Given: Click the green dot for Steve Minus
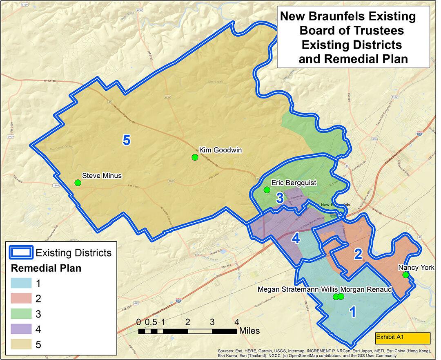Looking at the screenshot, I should coord(78,183).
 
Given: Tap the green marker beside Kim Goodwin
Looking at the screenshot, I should coord(195,157).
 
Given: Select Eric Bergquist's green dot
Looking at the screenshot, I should coord(267,190).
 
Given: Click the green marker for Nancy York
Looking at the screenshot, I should coord(405,275).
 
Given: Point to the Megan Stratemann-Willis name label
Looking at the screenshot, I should coord(297,289).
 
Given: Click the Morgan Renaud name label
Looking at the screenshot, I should coord(366,289).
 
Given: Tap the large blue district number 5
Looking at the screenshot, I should coord(127,140).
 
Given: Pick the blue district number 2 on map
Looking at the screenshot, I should coord(358,255).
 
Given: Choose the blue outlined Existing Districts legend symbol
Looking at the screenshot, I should coord(20,253).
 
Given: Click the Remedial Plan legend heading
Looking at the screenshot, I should coord(45,268).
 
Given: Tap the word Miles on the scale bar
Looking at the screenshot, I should coord(249,331).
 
